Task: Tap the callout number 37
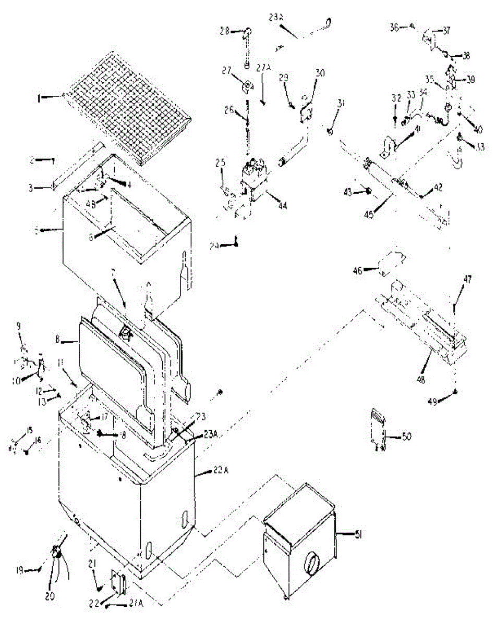(x=447, y=30)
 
